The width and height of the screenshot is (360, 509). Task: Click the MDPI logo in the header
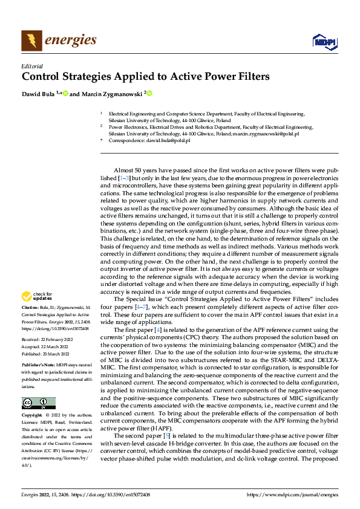pos(324,41)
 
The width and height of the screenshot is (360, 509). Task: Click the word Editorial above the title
pos(31,66)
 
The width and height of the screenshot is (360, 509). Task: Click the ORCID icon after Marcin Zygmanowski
pos(149,94)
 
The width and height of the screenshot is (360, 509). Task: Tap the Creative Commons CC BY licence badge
pos(38,403)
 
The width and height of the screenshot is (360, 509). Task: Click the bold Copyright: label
pos(32,416)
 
